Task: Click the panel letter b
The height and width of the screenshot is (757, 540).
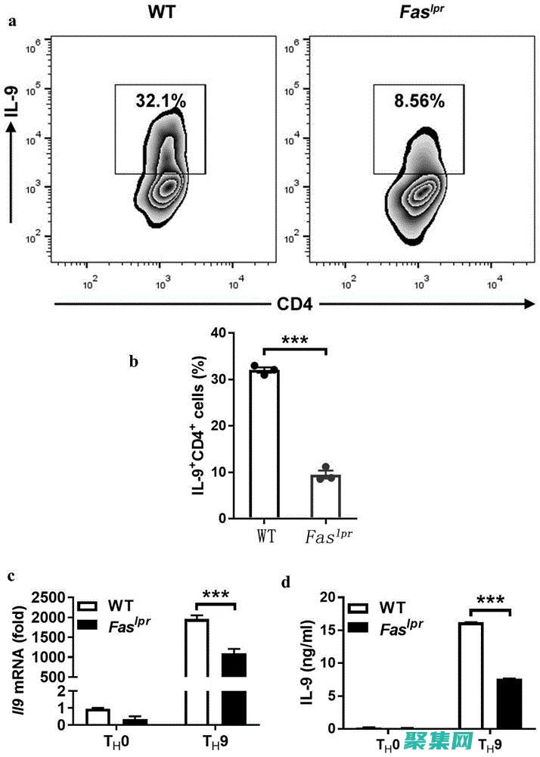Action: click(134, 361)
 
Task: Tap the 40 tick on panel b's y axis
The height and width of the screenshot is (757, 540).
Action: click(219, 333)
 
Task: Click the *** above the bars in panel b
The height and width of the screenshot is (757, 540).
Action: click(294, 341)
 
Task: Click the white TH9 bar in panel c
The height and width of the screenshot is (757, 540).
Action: click(197, 674)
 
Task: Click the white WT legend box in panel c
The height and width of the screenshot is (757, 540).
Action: click(88, 606)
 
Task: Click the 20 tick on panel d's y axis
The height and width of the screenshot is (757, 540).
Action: click(329, 598)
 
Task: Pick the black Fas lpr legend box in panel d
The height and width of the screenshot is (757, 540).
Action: click(360, 628)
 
